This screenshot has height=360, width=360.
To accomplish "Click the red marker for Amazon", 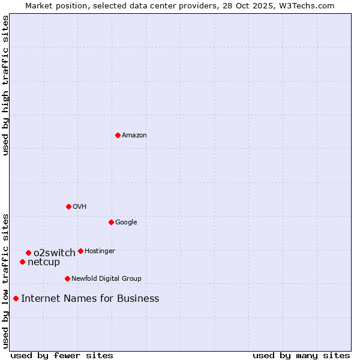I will pos(118,135).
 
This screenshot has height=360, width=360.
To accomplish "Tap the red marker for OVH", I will pos(68,206).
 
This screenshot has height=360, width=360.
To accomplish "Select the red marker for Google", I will pos(111,222).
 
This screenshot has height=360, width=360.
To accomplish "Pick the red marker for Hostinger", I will pos(80,251).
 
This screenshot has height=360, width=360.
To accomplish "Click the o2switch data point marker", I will pos(28,253).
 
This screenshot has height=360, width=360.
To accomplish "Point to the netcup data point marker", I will pos(22,262).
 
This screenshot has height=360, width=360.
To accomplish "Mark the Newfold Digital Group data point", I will pos(67,278).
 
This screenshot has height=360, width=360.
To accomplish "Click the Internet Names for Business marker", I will pos(16,298).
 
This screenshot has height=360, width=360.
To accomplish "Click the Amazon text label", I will pos(134,136).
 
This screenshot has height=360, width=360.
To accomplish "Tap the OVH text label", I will pos(80,207).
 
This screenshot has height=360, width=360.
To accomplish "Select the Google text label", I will pos(126,223).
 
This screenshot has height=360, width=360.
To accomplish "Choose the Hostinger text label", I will pos(100,251).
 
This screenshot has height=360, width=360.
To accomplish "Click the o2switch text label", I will pos(55,253).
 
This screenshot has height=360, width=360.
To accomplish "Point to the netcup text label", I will pos(44,262).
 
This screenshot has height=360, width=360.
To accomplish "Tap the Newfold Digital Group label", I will pos(106,279).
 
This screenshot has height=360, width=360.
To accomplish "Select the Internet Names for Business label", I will pos(90,299).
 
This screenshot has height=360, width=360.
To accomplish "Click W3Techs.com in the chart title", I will pos(305,5).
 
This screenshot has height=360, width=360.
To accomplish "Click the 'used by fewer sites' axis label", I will pos(61,355).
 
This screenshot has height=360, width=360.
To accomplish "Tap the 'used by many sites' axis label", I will pos(301,355).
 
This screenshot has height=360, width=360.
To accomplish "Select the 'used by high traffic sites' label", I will pos(5,85).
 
